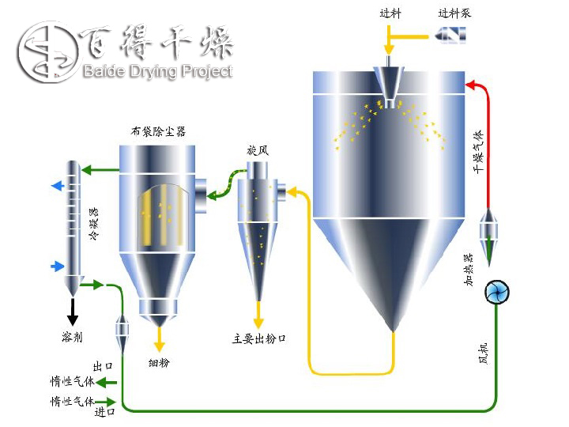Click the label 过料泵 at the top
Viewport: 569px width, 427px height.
click(454, 13)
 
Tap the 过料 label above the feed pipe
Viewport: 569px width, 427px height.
click(390, 13)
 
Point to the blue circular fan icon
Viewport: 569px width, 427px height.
click(498, 293)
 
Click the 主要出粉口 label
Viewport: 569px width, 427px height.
click(258, 338)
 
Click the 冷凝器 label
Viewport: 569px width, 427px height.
click(94, 223)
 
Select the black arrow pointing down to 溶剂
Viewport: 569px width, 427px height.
click(73, 314)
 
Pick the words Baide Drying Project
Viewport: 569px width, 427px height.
click(157, 72)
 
